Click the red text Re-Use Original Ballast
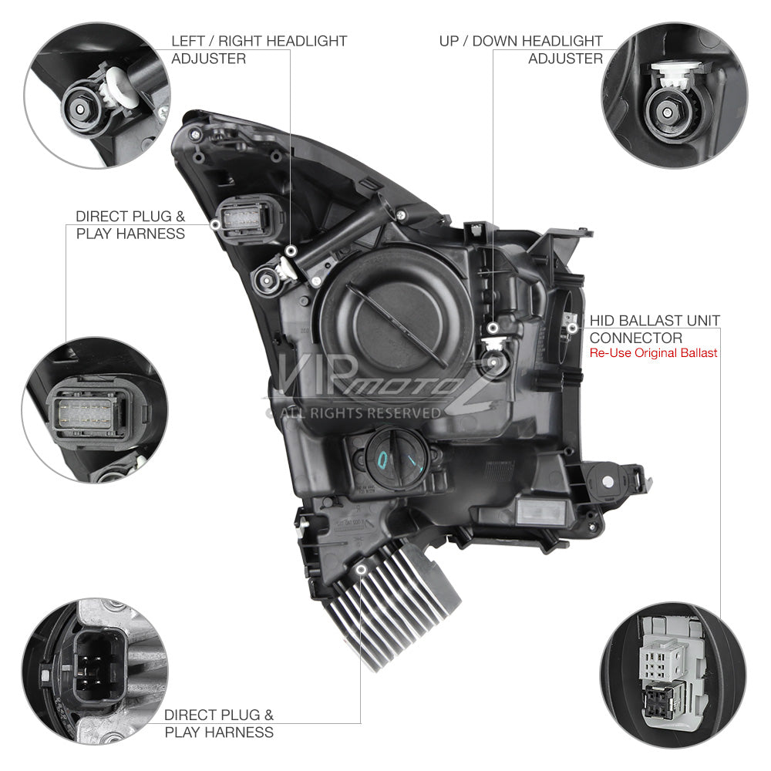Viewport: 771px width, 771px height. pyautogui.click(x=653, y=353)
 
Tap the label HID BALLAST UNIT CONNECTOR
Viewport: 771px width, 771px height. pyautogui.click(x=655, y=329)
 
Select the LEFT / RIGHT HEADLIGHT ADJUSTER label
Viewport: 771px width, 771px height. pyautogui.click(x=259, y=49)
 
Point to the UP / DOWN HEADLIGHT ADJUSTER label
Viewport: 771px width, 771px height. pyautogui.click(x=520, y=49)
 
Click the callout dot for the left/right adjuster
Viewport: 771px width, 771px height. pyautogui.click(x=291, y=251)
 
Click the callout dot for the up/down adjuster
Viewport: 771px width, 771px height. pyautogui.click(x=493, y=328)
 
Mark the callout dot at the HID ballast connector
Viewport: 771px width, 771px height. pyautogui.click(x=572, y=328)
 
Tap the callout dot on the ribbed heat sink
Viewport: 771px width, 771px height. pyautogui.click(x=362, y=570)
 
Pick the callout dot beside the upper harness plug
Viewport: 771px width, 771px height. pyautogui.click(x=215, y=224)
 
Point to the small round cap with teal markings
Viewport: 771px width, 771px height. pyautogui.click(x=398, y=459)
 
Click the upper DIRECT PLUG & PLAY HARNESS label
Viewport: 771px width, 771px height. pyautogui.click(x=130, y=224)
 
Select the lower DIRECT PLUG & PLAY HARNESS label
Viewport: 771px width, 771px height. pyautogui.click(x=219, y=723)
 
